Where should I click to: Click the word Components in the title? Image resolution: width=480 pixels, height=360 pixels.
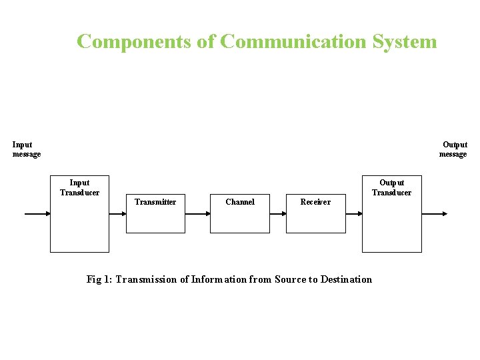[135, 41]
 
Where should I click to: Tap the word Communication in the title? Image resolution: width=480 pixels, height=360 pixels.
[293, 41]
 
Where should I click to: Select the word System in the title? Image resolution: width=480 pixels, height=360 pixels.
[405, 41]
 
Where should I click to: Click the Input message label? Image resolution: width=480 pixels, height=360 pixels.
[26, 149]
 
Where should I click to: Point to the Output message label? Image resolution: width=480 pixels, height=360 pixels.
[453, 149]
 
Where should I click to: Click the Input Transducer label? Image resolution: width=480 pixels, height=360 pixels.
[79, 187]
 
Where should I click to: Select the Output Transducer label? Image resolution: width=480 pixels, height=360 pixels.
[391, 187]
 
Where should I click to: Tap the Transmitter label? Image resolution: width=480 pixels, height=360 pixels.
[155, 202]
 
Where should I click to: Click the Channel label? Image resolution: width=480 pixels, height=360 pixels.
[240, 202]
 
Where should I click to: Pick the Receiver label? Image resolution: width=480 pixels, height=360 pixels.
[315, 202]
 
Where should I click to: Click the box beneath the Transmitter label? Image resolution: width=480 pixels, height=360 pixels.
[155, 221]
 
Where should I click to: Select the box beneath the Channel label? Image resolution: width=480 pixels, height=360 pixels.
[240, 221]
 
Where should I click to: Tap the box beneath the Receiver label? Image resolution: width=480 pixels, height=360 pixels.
[316, 221]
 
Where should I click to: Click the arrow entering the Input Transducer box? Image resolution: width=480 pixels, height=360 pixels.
[37, 214]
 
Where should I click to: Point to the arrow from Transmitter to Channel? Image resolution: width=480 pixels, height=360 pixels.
[197, 214]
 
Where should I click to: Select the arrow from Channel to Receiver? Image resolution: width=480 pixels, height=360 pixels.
[277, 214]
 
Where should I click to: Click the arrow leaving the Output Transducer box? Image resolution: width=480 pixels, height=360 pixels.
[435, 214]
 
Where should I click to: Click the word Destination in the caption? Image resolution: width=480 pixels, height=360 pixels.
[346, 279]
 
